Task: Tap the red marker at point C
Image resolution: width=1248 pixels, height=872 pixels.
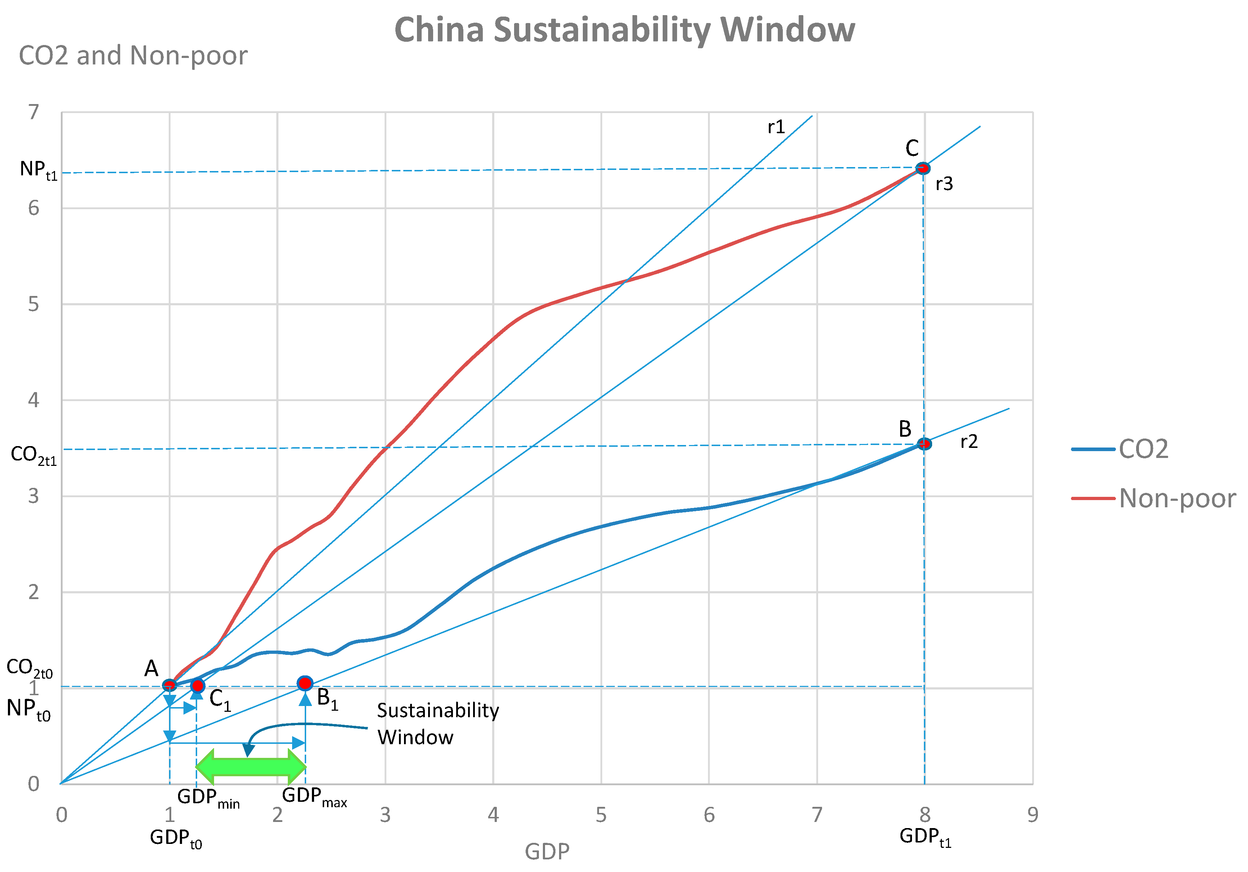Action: (922, 168)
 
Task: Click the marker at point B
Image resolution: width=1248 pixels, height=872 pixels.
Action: (924, 444)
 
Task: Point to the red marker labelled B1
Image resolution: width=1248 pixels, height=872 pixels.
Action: (305, 683)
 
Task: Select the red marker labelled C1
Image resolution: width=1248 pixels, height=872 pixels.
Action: (197, 686)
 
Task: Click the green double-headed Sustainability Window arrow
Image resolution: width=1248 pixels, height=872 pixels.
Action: (251, 767)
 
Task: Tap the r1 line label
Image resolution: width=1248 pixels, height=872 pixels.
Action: (776, 127)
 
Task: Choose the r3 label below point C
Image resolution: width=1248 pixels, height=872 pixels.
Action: (944, 184)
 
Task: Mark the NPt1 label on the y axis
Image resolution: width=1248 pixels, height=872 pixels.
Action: (38, 170)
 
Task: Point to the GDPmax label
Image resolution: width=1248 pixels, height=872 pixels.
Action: (314, 797)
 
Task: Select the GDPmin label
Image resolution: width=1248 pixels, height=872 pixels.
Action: (208, 798)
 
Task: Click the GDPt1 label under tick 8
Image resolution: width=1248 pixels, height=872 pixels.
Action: (925, 837)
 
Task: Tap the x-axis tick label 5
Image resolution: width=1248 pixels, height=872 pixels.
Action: (601, 815)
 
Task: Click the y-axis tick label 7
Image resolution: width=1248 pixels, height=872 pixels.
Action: (34, 112)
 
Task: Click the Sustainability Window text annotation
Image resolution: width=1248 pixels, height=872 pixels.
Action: (437, 724)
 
